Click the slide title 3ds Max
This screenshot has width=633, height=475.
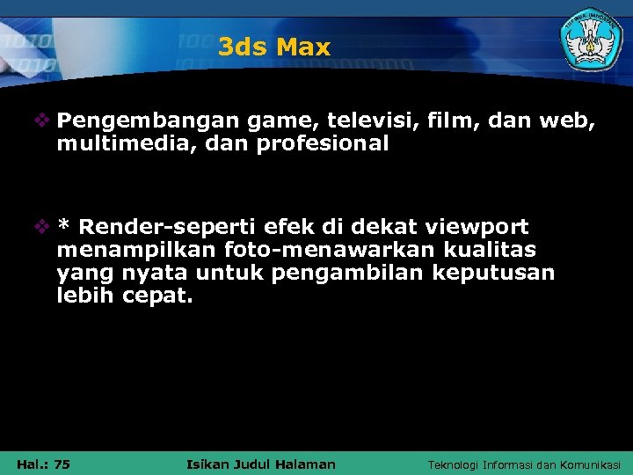pyautogui.click(x=274, y=47)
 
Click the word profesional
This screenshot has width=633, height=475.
pyautogui.click(x=323, y=142)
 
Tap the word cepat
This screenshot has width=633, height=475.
pyautogui.click(x=157, y=296)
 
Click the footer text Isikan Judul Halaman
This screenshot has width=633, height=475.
pyautogui.click(x=262, y=464)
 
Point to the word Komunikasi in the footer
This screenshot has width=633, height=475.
pyautogui.click(x=588, y=464)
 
